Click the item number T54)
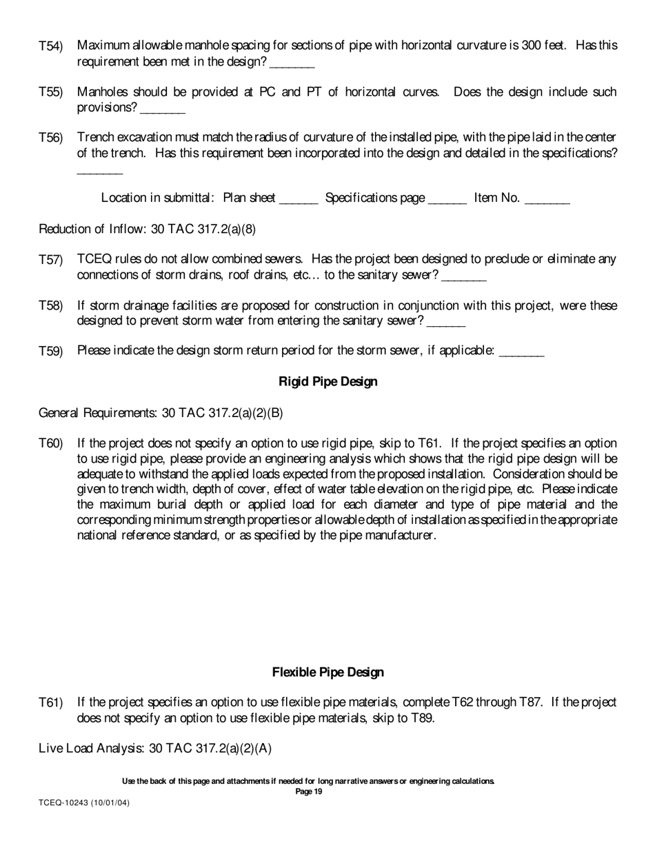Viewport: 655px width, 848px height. coord(50,46)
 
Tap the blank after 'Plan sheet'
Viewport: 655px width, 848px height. coord(299,201)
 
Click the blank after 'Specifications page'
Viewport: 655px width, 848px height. coord(447,201)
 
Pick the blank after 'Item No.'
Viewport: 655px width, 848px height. coord(547,201)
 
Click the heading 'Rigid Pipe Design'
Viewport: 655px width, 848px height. coord(327,381)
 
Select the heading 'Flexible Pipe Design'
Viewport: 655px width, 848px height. coord(327,672)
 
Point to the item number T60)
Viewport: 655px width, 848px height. coord(50,443)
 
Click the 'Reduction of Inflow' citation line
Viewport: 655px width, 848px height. coord(148,229)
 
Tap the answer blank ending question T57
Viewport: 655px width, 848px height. coord(464,277)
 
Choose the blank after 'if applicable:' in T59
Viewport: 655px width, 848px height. coord(521,353)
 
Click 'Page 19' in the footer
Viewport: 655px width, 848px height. coord(308,791)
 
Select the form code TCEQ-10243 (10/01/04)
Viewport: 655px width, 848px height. coord(84,803)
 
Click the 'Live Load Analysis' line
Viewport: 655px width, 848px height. coord(155,748)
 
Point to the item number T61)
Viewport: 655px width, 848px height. coord(50,703)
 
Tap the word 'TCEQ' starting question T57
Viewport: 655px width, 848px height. coord(92,259)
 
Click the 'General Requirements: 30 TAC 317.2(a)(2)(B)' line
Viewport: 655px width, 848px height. coord(161,413)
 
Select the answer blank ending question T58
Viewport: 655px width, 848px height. coord(446,323)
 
